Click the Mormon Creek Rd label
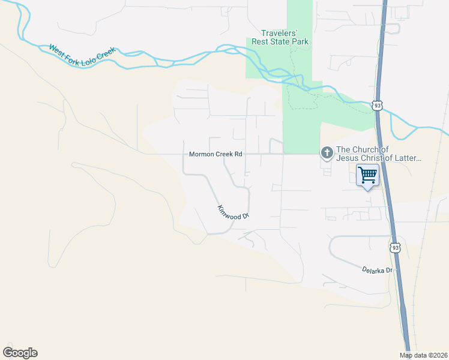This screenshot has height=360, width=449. coord(215,154)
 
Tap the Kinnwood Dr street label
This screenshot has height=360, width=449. coord(233,212)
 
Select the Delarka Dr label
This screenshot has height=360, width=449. coord(377,269)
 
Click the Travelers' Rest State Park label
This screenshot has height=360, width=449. coord(285,37)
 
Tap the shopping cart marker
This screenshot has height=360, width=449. coord(367,176)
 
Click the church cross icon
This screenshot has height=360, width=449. coord(327,153)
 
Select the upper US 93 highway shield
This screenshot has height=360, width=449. coord(377,106)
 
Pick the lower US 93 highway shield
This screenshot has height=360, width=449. coord(394,247)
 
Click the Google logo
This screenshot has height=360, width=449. coord(20,352)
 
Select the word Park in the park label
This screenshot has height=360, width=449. coord(298,41)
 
